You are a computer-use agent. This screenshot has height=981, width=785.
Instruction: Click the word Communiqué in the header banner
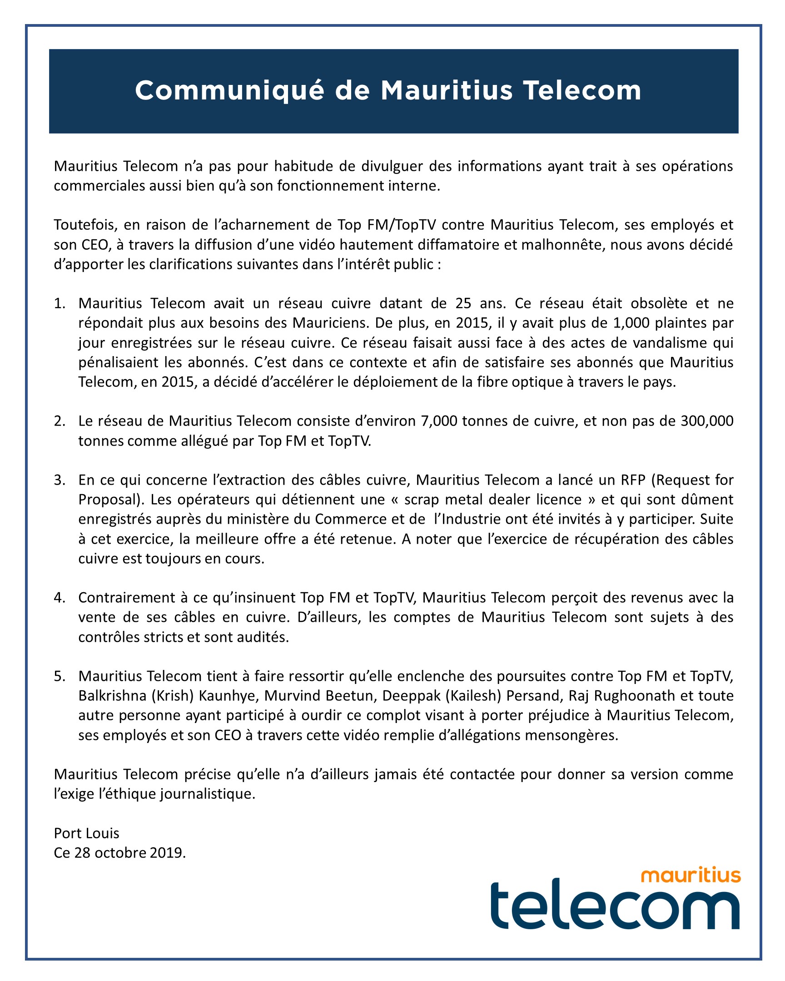[229, 90]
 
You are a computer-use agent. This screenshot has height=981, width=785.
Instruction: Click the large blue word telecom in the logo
[615, 907]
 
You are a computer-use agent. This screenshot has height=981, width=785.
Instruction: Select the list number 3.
[60, 480]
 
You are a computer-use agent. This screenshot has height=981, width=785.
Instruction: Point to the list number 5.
[60, 676]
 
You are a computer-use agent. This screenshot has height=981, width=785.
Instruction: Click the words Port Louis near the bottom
[86, 833]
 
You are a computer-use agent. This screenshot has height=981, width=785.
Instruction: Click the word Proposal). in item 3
[111, 499]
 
